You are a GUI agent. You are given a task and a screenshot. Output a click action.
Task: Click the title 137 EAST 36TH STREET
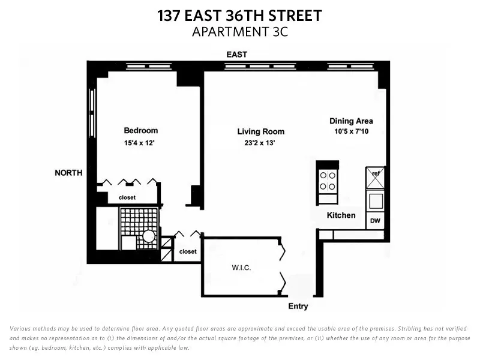click(239, 16)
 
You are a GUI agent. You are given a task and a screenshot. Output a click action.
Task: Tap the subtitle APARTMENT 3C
click(239, 32)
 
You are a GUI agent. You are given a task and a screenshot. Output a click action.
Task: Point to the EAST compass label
click(237, 55)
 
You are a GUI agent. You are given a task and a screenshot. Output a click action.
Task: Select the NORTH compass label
click(68, 173)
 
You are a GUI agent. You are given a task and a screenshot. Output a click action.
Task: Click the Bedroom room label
click(141, 131)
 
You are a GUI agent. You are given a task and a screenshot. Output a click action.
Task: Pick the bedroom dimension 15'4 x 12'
click(141, 143)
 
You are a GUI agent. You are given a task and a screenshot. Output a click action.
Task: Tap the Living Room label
click(260, 131)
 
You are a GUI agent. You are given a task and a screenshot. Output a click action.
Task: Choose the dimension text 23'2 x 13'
click(260, 143)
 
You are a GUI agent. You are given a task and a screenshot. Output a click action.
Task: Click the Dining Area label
click(351, 121)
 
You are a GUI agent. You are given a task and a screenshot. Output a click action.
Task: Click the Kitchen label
click(341, 215)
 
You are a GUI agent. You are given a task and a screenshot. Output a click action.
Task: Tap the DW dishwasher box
click(375, 221)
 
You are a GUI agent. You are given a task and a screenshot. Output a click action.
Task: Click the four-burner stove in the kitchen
click(328, 181)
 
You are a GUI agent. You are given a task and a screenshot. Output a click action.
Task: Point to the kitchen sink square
click(375, 200)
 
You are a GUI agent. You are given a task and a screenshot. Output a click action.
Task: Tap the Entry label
click(298, 306)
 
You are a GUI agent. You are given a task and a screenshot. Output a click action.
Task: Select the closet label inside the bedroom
click(127, 197)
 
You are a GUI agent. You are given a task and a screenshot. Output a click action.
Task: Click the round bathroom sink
click(148, 236)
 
